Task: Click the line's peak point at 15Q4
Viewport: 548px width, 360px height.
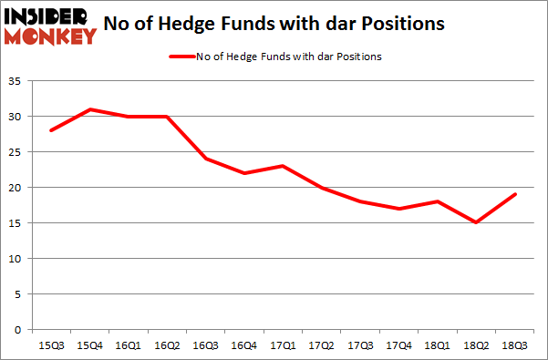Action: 88,109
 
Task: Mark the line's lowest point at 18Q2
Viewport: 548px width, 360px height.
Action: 476,222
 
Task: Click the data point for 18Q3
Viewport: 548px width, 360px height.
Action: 514,194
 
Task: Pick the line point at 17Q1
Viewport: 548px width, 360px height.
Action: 282,166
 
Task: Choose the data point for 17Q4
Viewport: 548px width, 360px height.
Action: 398,209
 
